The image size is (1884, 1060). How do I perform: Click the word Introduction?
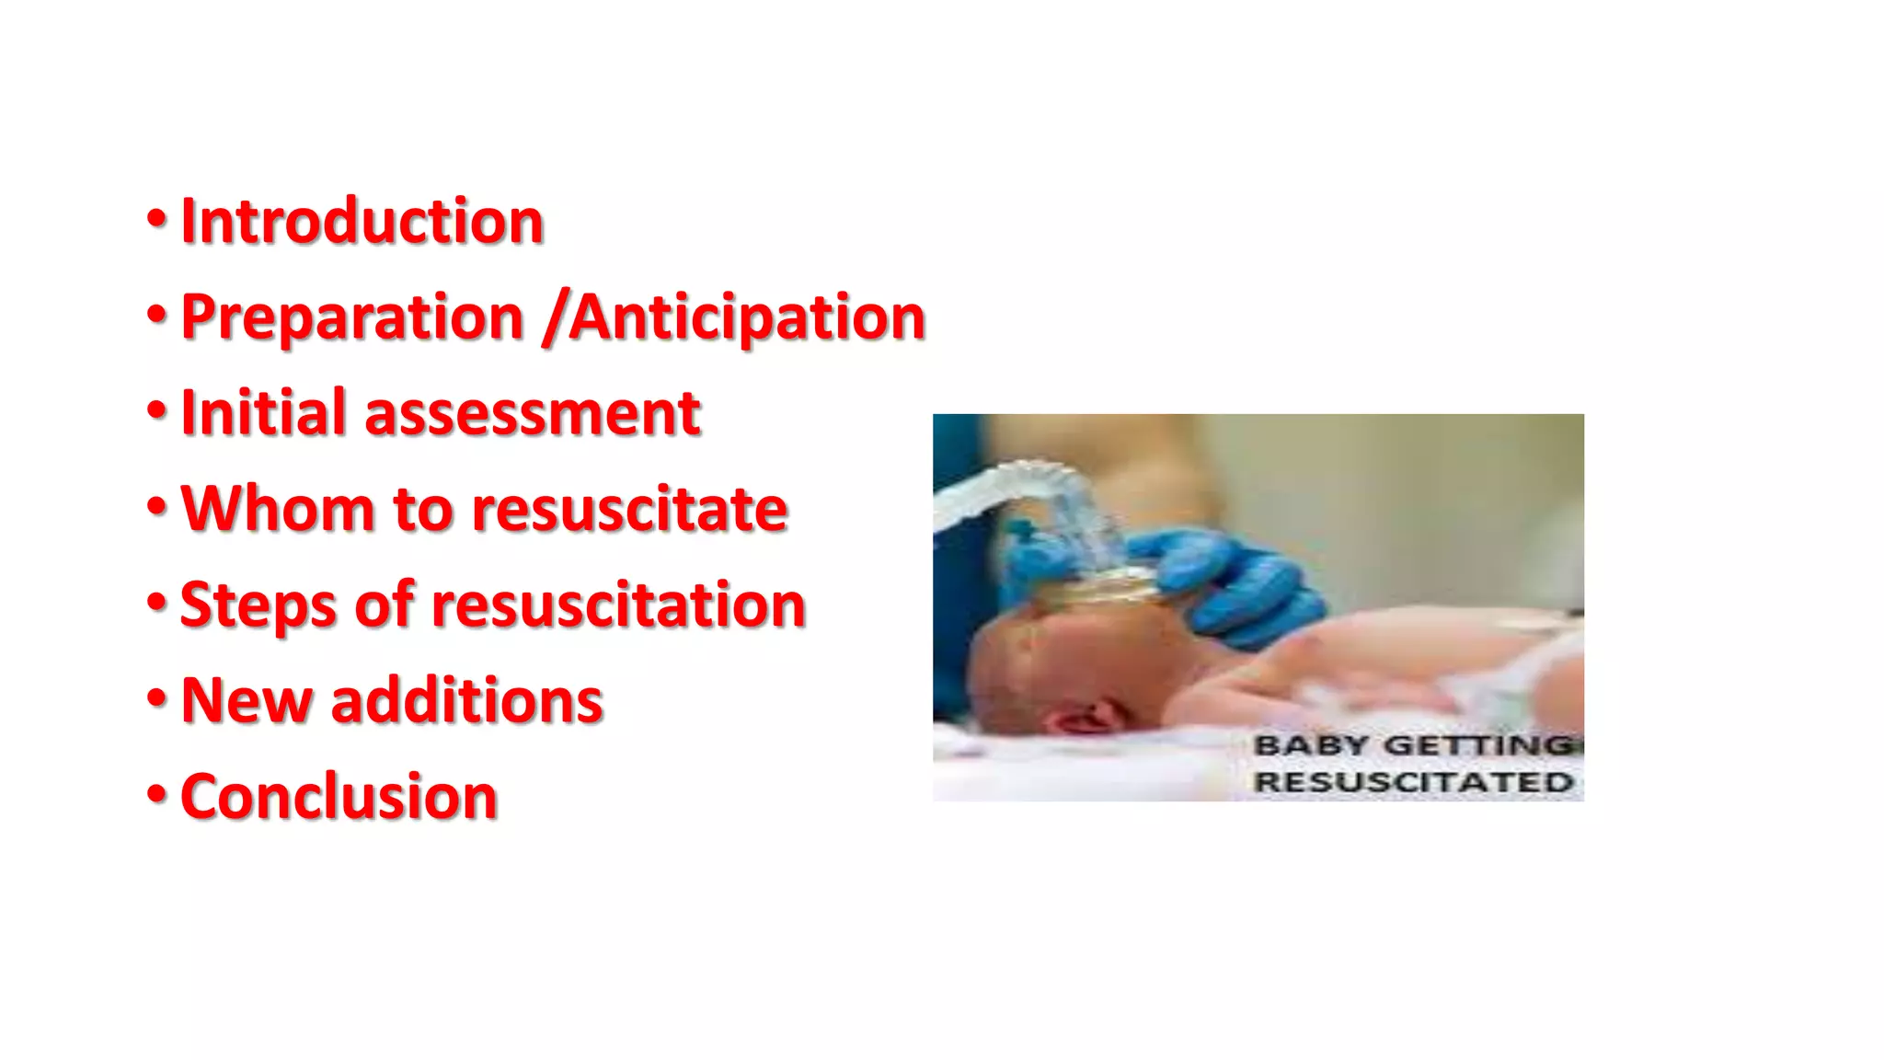pyautogui.click(x=362, y=222)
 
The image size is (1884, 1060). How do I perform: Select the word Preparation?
pyautogui.click(x=352, y=317)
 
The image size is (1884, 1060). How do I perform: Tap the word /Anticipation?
pyautogui.click(x=734, y=317)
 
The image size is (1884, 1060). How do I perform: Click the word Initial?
pyautogui.click(x=263, y=413)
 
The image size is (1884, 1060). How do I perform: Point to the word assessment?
pyautogui.click(x=533, y=415)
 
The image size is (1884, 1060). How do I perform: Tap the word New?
pyautogui.click(x=246, y=701)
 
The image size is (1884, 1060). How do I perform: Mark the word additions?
pyautogui.click(x=466, y=701)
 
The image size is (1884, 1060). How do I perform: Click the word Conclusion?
pyautogui.click(x=339, y=797)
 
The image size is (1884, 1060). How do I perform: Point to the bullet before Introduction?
pyautogui.click(x=157, y=220)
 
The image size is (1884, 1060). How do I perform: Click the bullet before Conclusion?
pyautogui.click(x=157, y=794)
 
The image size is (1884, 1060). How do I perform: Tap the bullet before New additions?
pyautogui.click(x=157, y=698)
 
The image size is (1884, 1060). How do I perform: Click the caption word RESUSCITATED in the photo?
pyautogui.click(x=1413, y=783)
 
